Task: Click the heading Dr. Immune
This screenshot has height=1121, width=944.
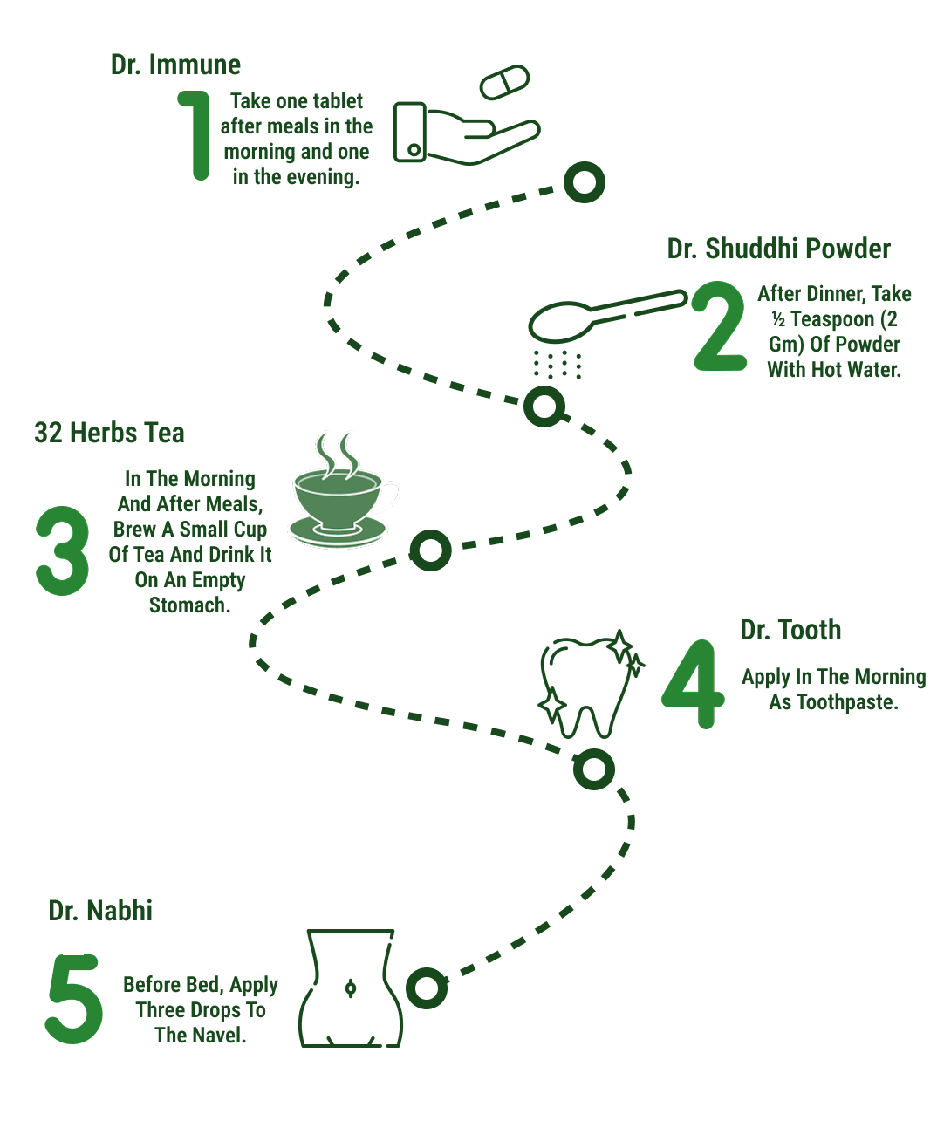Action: (x=175, y=65)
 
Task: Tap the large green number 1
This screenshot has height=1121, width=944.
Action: (x=199, y=135)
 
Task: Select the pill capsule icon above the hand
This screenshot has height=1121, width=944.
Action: (x=505, y=82)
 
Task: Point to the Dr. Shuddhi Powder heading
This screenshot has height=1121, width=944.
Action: (x=778, y=249)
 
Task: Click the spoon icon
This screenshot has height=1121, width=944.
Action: (x=606, y=316)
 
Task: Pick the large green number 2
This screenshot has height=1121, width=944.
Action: (x=720, y=326)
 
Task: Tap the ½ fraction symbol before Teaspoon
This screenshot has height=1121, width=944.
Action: (x=778, y=319)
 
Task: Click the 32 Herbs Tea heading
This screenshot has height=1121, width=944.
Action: (x=110, y=433)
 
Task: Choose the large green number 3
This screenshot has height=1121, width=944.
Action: (x=62, y=550)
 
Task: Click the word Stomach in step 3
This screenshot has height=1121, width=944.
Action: (x=189, y=605)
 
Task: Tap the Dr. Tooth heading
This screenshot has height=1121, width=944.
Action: (x=790, y=630)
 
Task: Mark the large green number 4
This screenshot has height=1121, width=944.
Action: (x=693, y=685)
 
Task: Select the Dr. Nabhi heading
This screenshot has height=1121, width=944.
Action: (x=100, y=910)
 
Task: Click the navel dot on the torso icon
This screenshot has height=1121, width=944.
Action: (x=351, y=988)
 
